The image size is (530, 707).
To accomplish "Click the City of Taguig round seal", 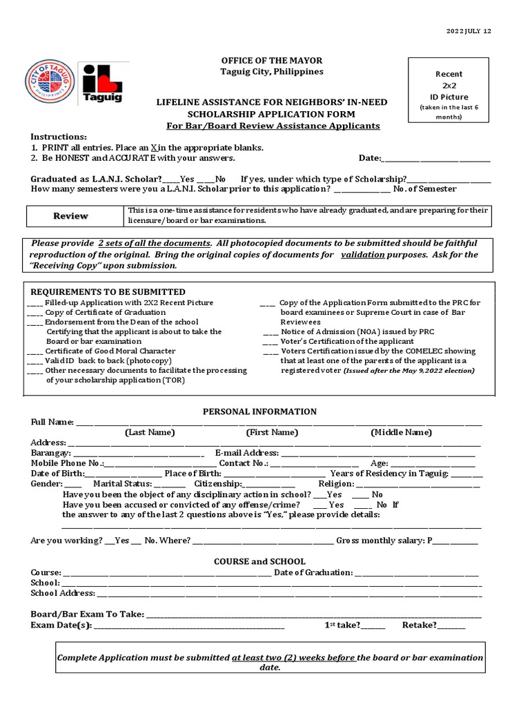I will point(50,81).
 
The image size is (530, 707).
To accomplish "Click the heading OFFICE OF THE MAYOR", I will point(262,61).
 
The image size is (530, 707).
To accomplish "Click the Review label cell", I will point(72,216).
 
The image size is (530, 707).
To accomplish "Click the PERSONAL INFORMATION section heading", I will point(259,411).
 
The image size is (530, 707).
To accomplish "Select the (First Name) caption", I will point(272,432).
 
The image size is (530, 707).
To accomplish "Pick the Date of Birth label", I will point(57,474).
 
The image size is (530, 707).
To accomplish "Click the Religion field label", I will point(336,484).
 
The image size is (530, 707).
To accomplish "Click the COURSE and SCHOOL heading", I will point(259,562).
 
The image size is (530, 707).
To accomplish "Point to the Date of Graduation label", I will point(313,572).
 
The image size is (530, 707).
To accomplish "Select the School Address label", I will point(63,593).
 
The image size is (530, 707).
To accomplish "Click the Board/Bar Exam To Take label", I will point(87,614).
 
